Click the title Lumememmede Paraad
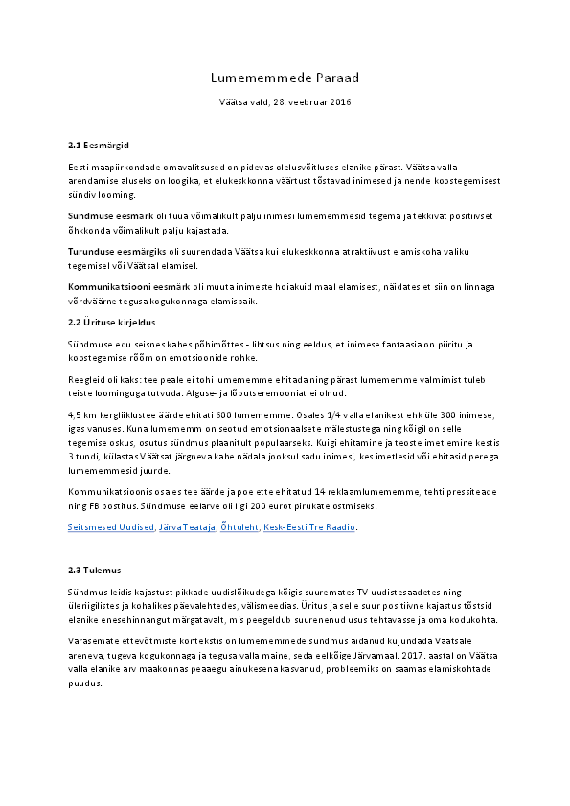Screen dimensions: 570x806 click(x=285, y=78)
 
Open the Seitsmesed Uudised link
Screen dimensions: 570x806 click(x=110, y=527)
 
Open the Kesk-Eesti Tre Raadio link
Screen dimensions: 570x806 click(x=310, y=527)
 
